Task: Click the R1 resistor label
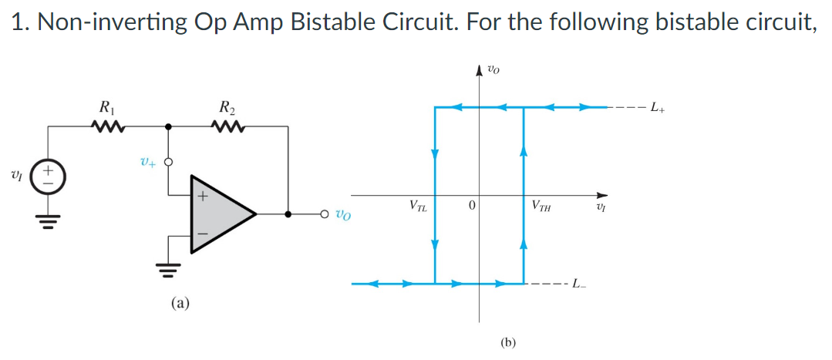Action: click(x=104, y=106)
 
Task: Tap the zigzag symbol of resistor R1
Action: click(x=104, y=125)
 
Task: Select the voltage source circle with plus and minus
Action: click(x=50, y=174)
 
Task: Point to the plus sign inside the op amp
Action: click(x=203, y=197)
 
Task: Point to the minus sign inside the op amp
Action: click(x=203, y=230)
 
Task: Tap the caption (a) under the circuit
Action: click(x=180, y=304)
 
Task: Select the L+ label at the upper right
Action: click(x=659, y=106)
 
